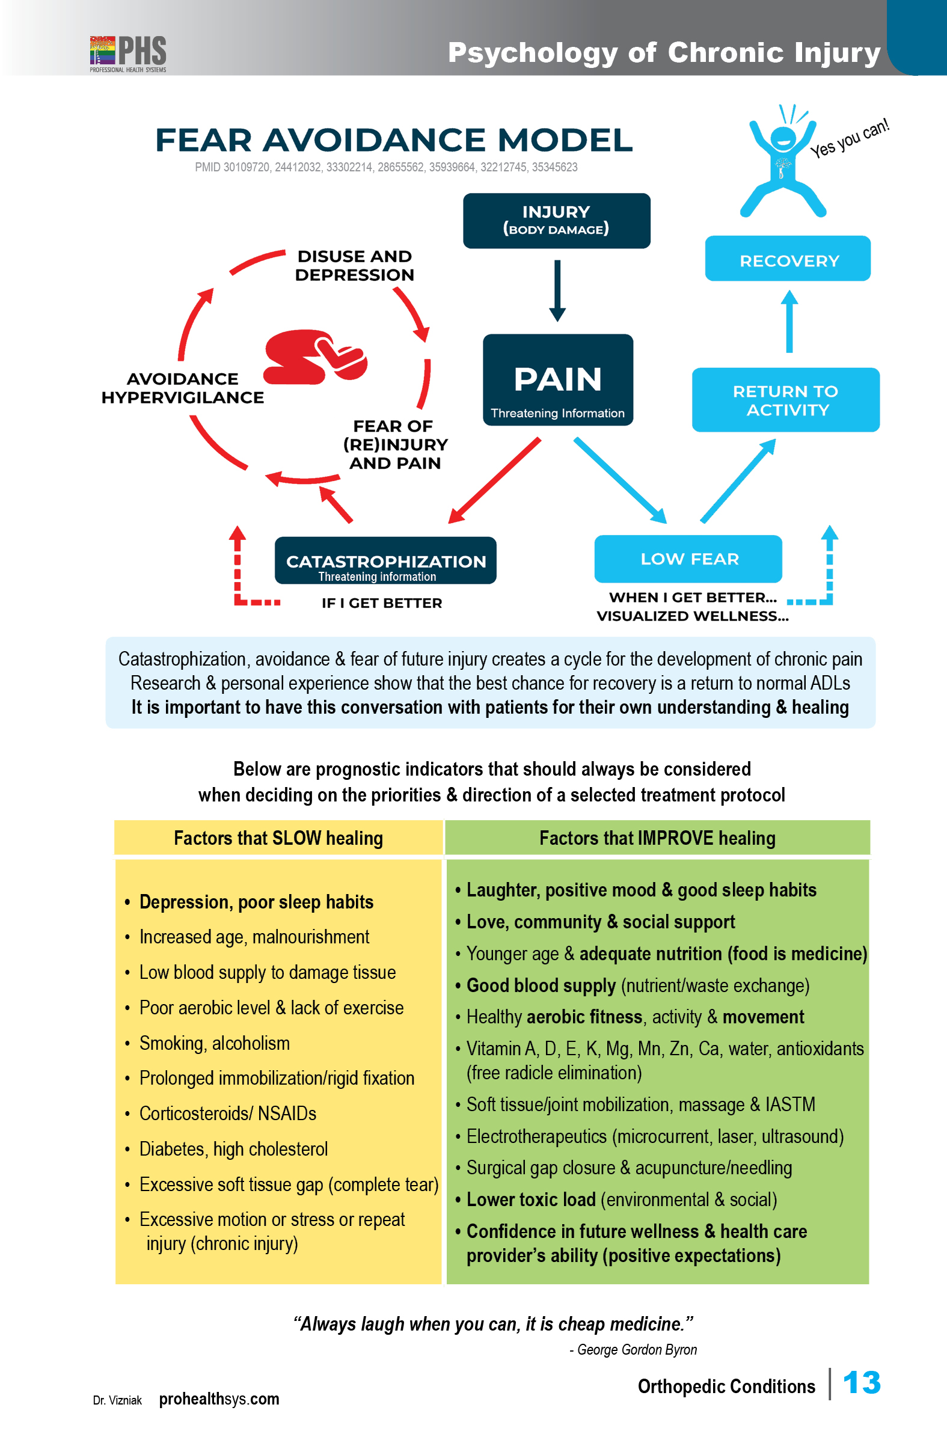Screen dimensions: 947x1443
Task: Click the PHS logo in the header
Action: click(128, 54)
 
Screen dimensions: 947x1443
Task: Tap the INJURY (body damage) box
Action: click(557, 221)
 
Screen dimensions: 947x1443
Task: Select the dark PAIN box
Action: click(558, 379)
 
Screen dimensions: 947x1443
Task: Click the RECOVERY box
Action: click(788, 259)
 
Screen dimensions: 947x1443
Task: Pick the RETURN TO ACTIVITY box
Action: click(786, 400)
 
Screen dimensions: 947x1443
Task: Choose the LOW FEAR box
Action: click(688, 559)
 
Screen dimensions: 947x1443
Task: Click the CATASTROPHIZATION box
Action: click(385, 560)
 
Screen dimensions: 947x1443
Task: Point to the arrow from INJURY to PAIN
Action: click(557, 290)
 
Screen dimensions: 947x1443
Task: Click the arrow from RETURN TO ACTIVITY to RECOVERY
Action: click(789, 321)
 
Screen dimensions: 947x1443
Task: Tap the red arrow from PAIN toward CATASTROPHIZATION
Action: click(494, 480)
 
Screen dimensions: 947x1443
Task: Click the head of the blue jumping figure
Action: click(783, 139)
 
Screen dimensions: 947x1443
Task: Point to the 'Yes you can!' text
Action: click(850, 138)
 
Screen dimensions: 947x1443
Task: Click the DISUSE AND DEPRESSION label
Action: click(355, 266)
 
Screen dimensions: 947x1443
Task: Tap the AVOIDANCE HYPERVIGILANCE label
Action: click(183, 388)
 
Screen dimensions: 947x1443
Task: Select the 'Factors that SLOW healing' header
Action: click(278, 838)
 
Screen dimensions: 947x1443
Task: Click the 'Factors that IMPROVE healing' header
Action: click(657, 838)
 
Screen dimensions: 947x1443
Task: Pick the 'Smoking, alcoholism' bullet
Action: click(215, 1043)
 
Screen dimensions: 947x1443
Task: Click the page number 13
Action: click(862, 1383)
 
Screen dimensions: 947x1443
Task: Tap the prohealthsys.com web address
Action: click(219, 1399)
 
